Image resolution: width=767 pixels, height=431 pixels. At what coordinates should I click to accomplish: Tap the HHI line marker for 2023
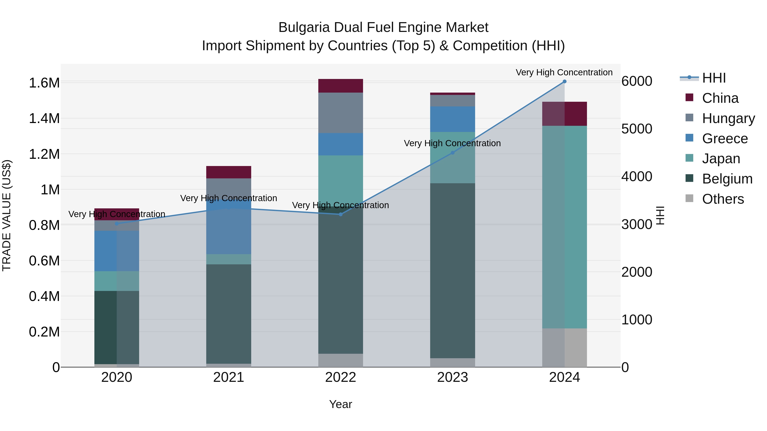453,153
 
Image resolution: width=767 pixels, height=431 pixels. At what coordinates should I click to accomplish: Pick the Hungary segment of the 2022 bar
341,113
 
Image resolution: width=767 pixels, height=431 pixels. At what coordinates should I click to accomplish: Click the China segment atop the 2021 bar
229,172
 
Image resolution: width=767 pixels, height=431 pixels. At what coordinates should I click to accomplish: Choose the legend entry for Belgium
727,179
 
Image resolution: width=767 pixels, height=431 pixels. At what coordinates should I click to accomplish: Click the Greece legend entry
725,139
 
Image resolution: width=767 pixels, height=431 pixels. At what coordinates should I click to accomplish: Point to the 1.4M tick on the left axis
44,118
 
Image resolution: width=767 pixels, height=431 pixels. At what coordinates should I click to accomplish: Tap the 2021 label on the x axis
229,377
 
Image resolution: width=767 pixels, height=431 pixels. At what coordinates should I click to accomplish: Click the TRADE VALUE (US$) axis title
7,215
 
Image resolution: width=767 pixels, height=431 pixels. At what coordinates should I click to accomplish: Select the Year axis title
341,404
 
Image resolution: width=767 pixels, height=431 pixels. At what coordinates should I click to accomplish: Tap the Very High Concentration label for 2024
564,72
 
